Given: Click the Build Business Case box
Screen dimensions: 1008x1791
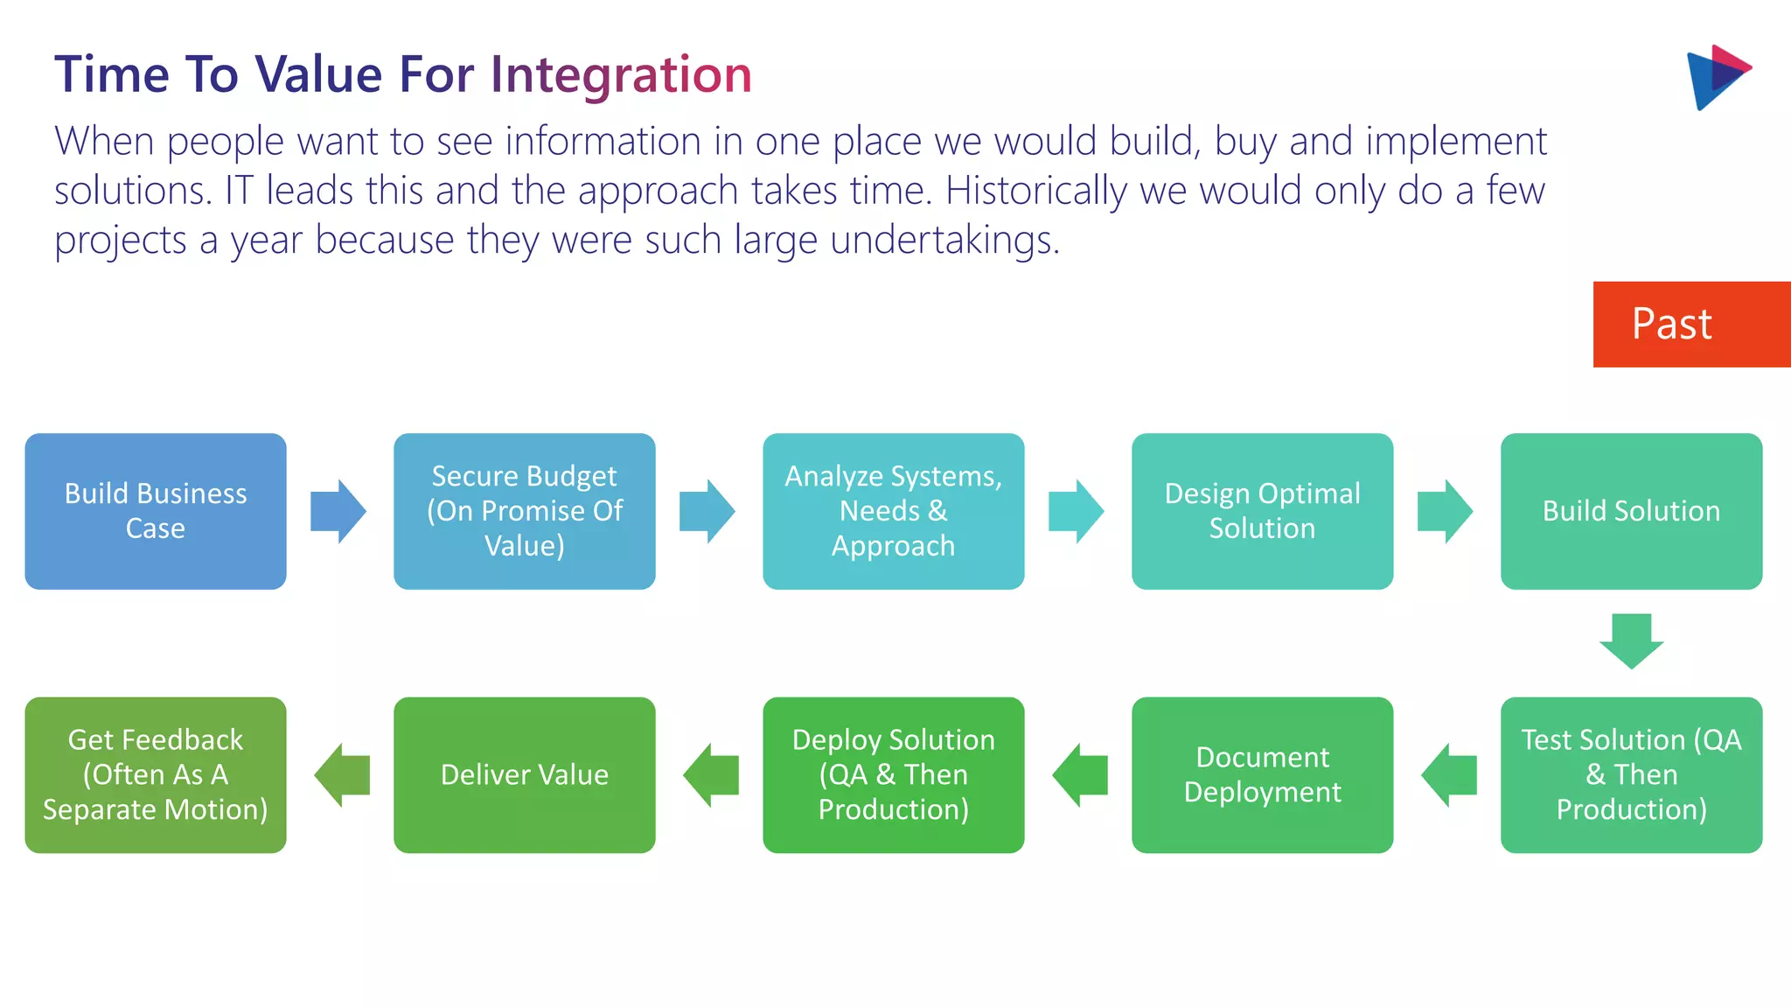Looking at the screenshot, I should [x=156, y=511].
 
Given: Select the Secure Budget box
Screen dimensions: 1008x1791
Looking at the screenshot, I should [x=525, y=511].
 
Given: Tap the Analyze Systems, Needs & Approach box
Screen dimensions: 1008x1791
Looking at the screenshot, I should [x=893, y=511].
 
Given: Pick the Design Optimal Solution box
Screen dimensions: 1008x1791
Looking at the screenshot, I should [x=1262, y=511].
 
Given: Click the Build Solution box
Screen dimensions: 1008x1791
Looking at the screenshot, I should [x=1631, y=511].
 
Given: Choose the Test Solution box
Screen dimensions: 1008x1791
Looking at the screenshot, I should [x=1631, y=774].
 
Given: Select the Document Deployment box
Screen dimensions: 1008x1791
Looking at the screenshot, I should [x=1262, y=774].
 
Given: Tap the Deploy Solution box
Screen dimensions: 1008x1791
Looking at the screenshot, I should [x=893, y=774].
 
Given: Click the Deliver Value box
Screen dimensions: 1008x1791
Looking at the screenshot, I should [x=525, y=774].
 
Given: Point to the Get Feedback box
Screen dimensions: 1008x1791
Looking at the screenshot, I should [x=156, y=774].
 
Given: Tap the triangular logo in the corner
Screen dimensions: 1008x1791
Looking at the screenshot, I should [x=1715, y=77].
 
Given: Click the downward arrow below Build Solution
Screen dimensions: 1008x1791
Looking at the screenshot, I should [x=1631, y=641].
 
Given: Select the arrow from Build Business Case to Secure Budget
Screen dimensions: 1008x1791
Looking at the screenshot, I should [x=338, y=511].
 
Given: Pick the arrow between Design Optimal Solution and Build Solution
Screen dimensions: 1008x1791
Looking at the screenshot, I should [x=1445, y=511].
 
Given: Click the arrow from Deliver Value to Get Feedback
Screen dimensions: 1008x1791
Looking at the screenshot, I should [x=342, y=774].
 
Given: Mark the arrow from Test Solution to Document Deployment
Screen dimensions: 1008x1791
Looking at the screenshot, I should [x=1449, y=774].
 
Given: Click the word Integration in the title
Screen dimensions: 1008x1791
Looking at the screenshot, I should [x=621, y=75].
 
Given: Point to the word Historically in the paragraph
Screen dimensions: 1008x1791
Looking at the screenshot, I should [x=1035, y=191].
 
